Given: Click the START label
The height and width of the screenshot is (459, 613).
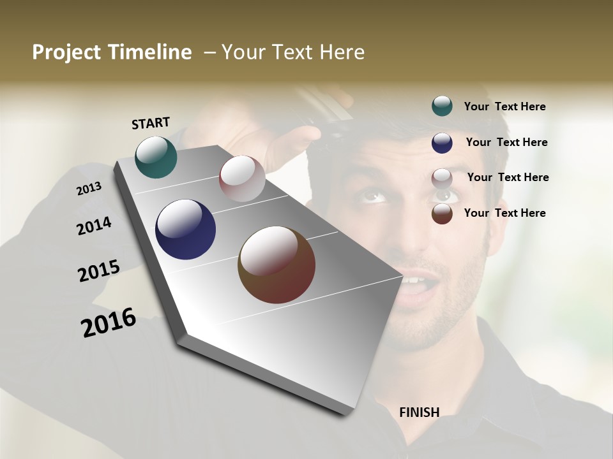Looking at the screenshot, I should pos(151,123).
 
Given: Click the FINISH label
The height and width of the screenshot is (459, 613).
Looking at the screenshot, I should pos(420,412).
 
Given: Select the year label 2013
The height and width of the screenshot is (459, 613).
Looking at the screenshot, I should pos(89,188).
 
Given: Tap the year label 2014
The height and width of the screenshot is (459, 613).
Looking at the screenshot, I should pos(94,226).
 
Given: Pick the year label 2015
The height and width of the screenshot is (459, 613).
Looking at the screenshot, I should pos(99,271).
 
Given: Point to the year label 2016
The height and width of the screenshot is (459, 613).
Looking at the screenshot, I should pos(109,323).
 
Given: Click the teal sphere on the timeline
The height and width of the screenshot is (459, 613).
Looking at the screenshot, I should pos(156,157).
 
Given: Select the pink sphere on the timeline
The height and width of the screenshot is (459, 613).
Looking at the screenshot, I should pos(242,178).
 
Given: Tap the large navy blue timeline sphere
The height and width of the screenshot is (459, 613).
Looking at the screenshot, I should pos(186,229).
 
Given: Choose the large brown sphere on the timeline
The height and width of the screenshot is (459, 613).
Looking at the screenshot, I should pos(276,265).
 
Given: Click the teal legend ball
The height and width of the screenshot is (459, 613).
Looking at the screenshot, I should pos(442,106).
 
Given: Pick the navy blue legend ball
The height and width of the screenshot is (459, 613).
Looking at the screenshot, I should pos(442,143).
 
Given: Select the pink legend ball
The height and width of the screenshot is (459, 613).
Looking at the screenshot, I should pos(442,178).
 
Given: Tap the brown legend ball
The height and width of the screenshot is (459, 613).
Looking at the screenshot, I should pos(442,214).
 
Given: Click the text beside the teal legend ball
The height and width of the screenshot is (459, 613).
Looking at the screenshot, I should pos(504,107).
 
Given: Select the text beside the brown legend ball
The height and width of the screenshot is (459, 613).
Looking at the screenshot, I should pos(504,213).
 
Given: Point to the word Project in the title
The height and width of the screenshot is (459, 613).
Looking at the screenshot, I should pos(65,52).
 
